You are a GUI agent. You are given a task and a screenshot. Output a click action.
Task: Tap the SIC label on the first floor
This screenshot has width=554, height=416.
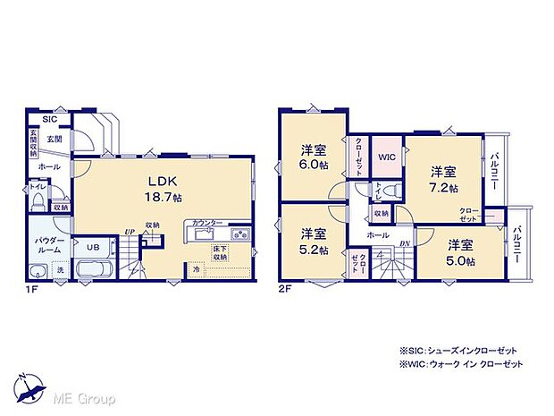[x=49, y=118]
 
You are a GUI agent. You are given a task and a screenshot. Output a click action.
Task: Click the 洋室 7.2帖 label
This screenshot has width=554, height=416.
[x=444, y=179]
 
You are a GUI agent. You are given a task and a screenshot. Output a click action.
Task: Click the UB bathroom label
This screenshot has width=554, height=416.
[x=93, y=246]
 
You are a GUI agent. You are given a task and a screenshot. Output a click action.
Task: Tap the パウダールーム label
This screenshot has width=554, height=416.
[x=48, y=246]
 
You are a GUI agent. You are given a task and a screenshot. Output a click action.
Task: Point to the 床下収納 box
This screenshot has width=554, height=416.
[x=221, y=253]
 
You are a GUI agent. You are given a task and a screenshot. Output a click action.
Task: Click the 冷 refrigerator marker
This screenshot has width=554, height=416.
[x=197, y=267]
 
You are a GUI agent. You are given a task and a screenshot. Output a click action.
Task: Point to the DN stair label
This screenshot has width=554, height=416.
[x=404, y=243]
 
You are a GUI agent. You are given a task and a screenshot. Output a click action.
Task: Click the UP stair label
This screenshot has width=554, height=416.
[x=130, y=230]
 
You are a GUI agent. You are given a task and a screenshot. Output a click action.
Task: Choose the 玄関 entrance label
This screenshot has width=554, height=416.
[x=55, y=140]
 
